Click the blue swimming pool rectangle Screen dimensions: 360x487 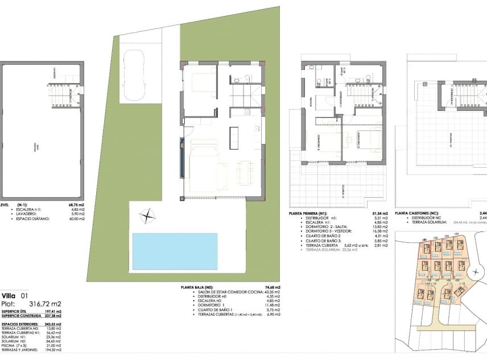click(x=175, y=251)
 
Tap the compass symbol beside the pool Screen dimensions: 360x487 click(x=148, y=216)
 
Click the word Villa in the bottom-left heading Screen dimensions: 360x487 click(x=9, y=296)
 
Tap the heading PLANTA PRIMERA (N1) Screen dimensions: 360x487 click(x=310, y=214)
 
